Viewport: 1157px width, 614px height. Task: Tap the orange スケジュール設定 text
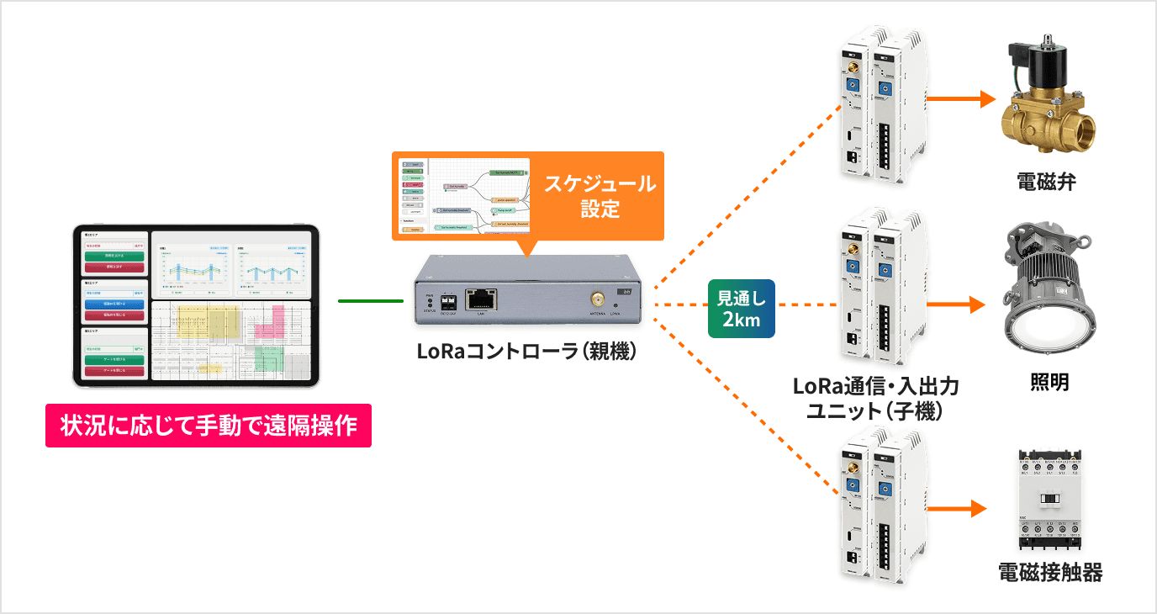click(599, 196)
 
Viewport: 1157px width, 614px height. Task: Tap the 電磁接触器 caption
click(1049, 574)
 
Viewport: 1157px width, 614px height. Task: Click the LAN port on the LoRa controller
click(481, 299)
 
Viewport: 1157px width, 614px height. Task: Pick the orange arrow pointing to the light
click(958, 304)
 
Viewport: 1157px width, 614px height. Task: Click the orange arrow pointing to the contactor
click(958, 508)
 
